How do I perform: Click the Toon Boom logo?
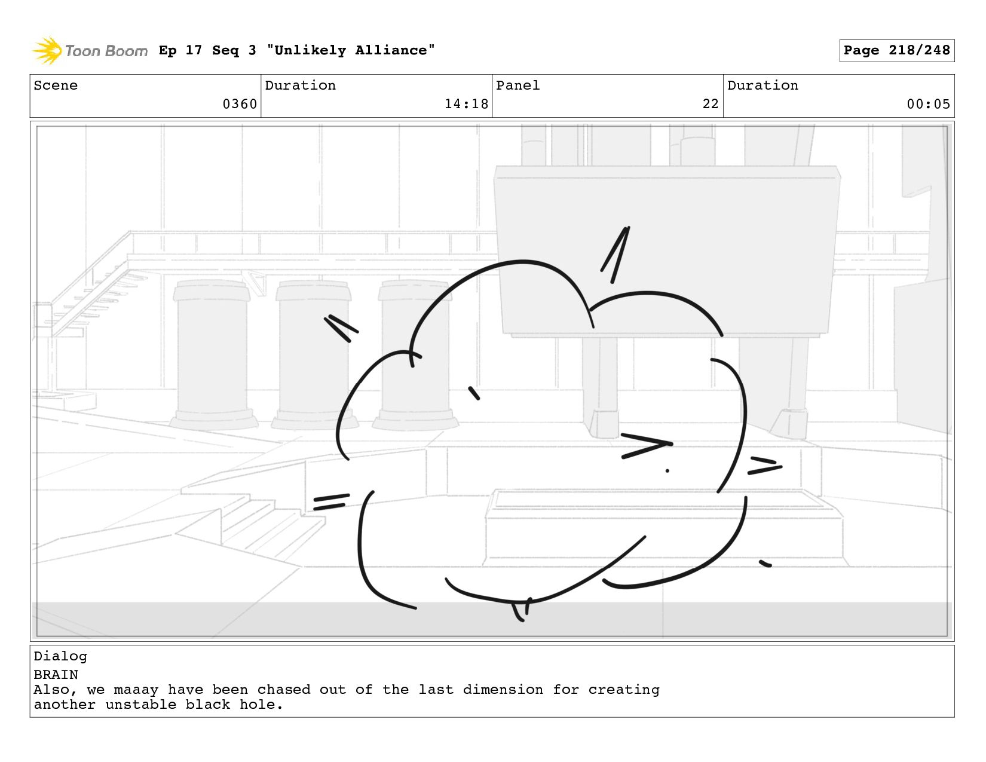[90, 51]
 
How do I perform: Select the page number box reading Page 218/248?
[896, 51]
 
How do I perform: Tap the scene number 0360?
[240, 104]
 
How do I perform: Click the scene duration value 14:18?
[466, 104]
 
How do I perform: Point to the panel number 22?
[711, 104]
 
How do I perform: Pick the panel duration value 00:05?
[928, 104]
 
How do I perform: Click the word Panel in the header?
[518, 85]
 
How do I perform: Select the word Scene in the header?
[56, 85]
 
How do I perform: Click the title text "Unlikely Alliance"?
[351, 51]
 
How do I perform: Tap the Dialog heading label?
[60, 656]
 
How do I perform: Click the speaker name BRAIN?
[56, 675]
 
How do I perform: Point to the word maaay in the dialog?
[136, 690]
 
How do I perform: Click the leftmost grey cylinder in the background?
[212, 353]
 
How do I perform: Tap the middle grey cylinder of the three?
[314, 353]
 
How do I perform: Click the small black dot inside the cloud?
[667, 471]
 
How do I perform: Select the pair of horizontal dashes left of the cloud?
[330, 501]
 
